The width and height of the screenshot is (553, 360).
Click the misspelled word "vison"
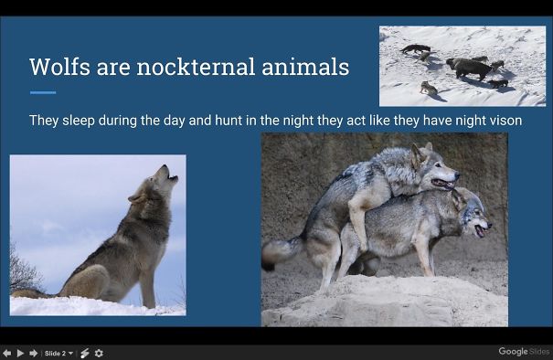pos(491,120)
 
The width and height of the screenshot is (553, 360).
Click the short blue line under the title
pos(42,92)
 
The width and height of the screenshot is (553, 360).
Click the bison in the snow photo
pos(468,68)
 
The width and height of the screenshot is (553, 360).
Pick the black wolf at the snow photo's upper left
pos(416,48)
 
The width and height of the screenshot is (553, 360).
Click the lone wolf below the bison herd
pos(428,88)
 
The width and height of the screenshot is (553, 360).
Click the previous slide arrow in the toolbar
pos(7,353)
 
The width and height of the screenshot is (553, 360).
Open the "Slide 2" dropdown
pos(59,353)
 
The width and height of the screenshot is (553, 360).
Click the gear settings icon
pos(99,353)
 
